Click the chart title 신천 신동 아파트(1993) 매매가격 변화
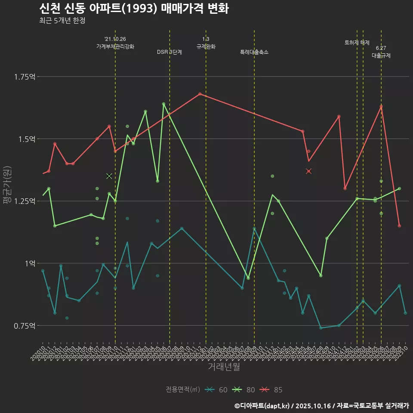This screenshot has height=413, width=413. coord(133,9)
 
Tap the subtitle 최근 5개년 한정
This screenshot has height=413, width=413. coord(62,21)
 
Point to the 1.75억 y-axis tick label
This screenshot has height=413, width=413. coord(25,77)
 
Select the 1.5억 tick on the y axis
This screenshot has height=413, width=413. coord(26,139)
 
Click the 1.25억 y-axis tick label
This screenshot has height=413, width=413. coord(25,201)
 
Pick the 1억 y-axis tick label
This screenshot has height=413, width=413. coord(29,263)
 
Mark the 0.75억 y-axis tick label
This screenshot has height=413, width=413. coord(25,325)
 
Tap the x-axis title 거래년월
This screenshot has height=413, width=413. coord(224,367)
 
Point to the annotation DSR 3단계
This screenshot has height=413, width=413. coord(170,52)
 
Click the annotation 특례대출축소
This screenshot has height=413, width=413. coord(254,52)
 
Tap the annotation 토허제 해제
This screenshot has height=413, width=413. coord(357,43)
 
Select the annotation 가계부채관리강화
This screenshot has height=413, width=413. coord(115,46)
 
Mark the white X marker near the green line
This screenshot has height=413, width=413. coord(109,176)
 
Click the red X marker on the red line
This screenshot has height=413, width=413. coord(308,171)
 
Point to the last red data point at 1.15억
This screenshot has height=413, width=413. coord(399,226)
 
